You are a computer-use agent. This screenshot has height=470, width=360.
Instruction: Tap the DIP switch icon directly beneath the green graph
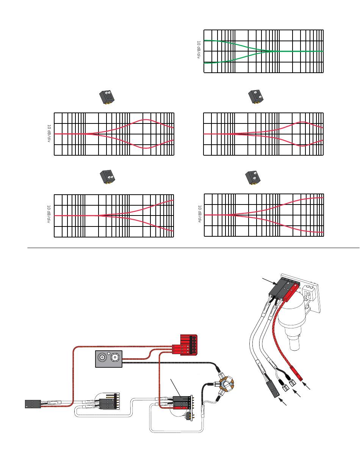(x=256, y=97)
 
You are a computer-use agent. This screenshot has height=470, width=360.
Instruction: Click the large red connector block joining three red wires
(x=189, y=345)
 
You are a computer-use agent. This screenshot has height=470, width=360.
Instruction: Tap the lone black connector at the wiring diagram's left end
(x=33, y=404)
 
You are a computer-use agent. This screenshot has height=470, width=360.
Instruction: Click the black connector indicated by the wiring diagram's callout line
(x=181, y=399)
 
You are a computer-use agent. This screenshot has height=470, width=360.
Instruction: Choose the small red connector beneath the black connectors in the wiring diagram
(x=181, y=408)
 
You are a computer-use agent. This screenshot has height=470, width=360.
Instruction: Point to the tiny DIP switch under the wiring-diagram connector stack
(x=187, y=416)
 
